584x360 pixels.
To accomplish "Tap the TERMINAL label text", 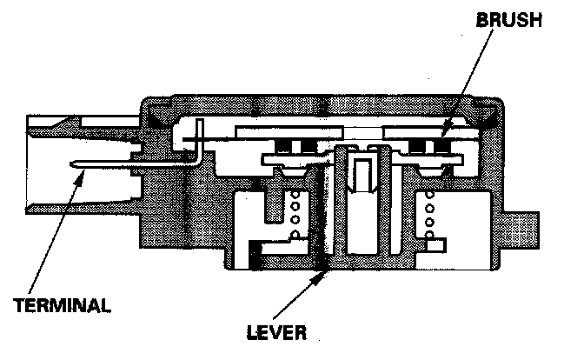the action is [x=62, y=305].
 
